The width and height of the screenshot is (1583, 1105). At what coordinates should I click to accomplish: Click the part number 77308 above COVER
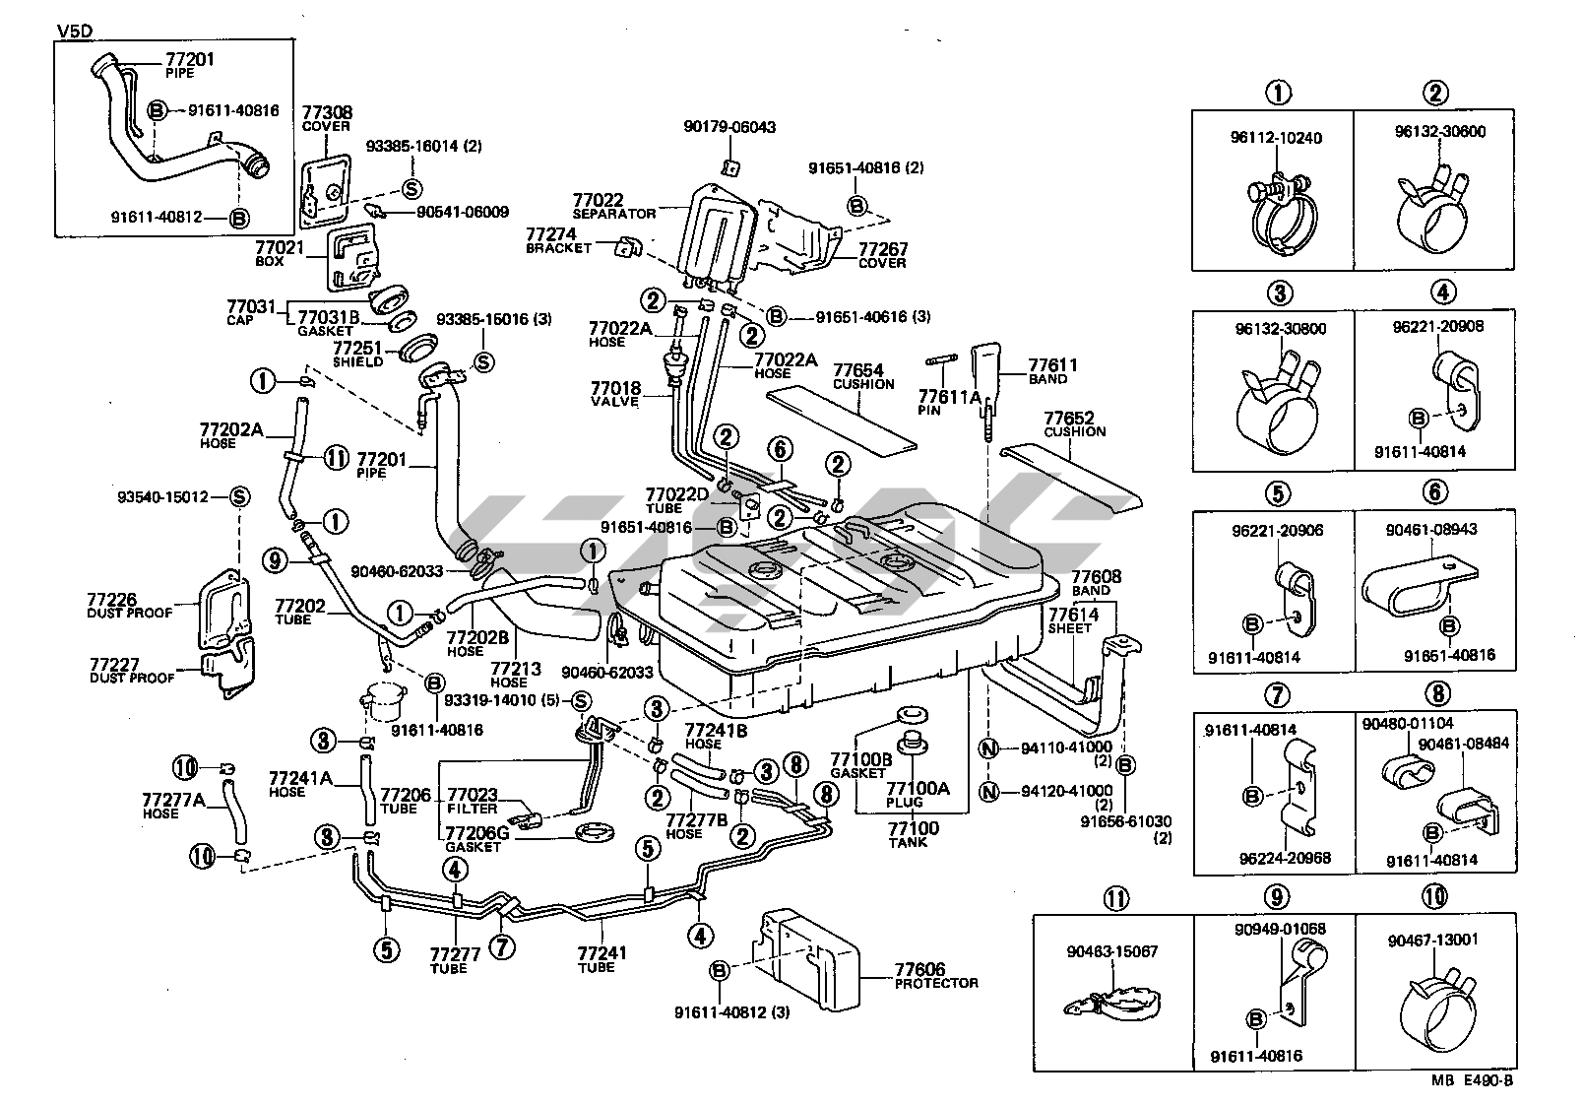(327, 113)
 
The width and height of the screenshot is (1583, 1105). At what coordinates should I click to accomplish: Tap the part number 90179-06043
(729, 127)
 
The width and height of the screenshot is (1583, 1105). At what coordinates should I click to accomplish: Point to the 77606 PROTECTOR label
(935, 977)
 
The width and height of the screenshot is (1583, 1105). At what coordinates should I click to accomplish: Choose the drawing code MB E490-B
(1472, 1079)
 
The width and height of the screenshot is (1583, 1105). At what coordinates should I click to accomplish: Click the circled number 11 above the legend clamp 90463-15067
(1116, 897)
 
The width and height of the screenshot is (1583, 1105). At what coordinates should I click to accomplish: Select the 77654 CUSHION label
(863, 376)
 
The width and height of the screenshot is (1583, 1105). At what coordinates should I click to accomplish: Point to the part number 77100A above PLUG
(918, 789)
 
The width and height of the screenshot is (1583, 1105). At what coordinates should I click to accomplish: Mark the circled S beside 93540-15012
(239, 497)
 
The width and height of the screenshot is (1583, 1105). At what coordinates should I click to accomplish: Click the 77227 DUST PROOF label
(131, 671)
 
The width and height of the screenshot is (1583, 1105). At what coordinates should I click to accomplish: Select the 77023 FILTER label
(473, 800)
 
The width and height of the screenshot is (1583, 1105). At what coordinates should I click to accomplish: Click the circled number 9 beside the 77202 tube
(276, 560)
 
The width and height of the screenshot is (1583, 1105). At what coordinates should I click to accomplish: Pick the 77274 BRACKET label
(558, 240)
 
